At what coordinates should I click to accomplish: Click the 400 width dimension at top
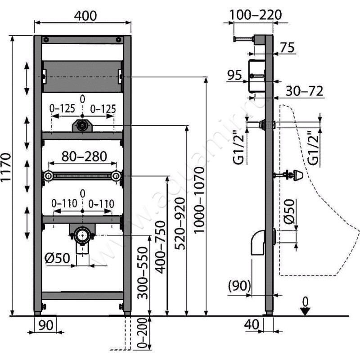85,15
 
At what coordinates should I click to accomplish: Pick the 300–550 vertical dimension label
142,273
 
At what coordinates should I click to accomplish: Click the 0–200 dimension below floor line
143,332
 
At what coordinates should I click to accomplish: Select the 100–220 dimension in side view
255,14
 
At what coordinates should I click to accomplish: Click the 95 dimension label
234,76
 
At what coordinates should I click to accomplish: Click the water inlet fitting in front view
81,126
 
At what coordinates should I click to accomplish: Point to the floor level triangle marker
306,311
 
